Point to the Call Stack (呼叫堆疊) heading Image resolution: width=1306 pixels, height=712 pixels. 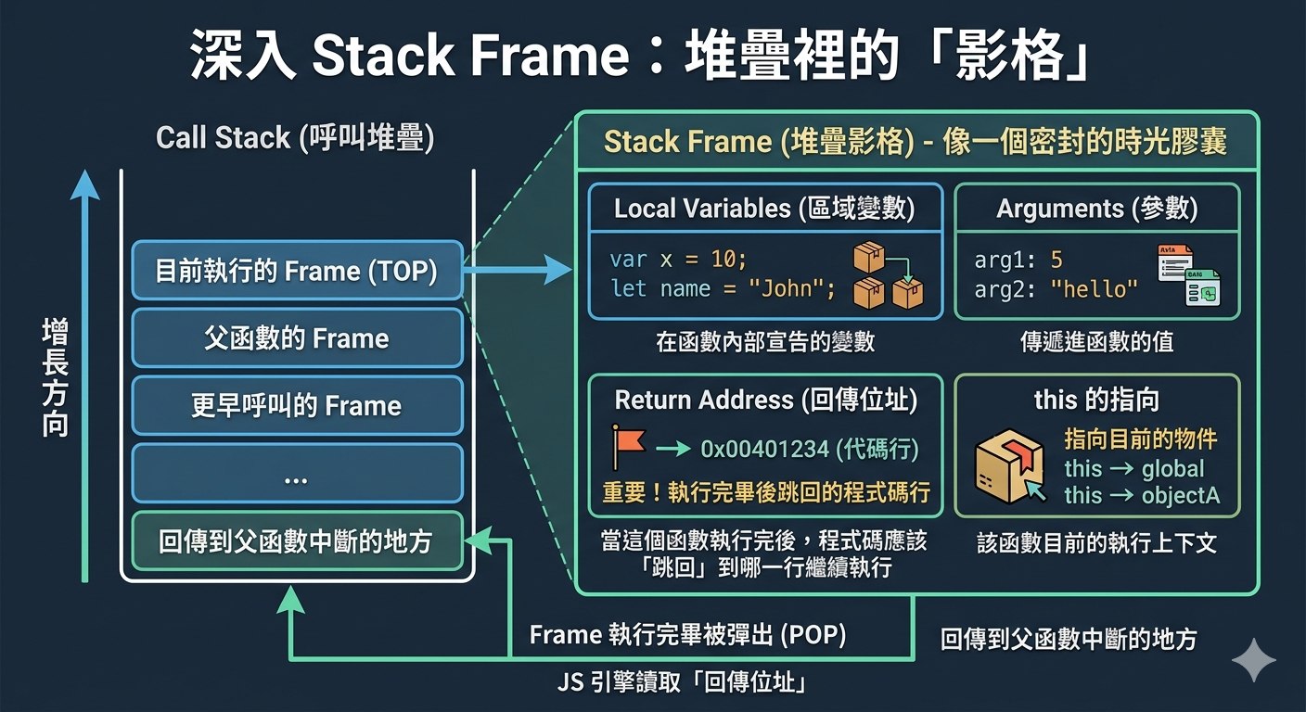(295, 138)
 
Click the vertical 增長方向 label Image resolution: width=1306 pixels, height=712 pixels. (56, 377)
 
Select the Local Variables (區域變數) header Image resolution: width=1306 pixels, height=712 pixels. (764, 208)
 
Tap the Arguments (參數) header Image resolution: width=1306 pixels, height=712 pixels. (1096, 208)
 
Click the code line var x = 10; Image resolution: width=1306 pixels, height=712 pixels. (678, 260)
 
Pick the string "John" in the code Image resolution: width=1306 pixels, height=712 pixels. (786, 288)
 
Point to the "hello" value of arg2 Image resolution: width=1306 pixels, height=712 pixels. (1094, 289)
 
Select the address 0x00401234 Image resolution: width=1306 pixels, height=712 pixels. (765, 450)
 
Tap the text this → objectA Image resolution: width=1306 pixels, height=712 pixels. (1142, 495)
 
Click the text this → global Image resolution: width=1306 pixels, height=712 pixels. (1134, 468)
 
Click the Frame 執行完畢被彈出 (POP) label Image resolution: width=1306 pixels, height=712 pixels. (687, 634)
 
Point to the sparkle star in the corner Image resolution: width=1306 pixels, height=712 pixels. (1253, 660)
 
